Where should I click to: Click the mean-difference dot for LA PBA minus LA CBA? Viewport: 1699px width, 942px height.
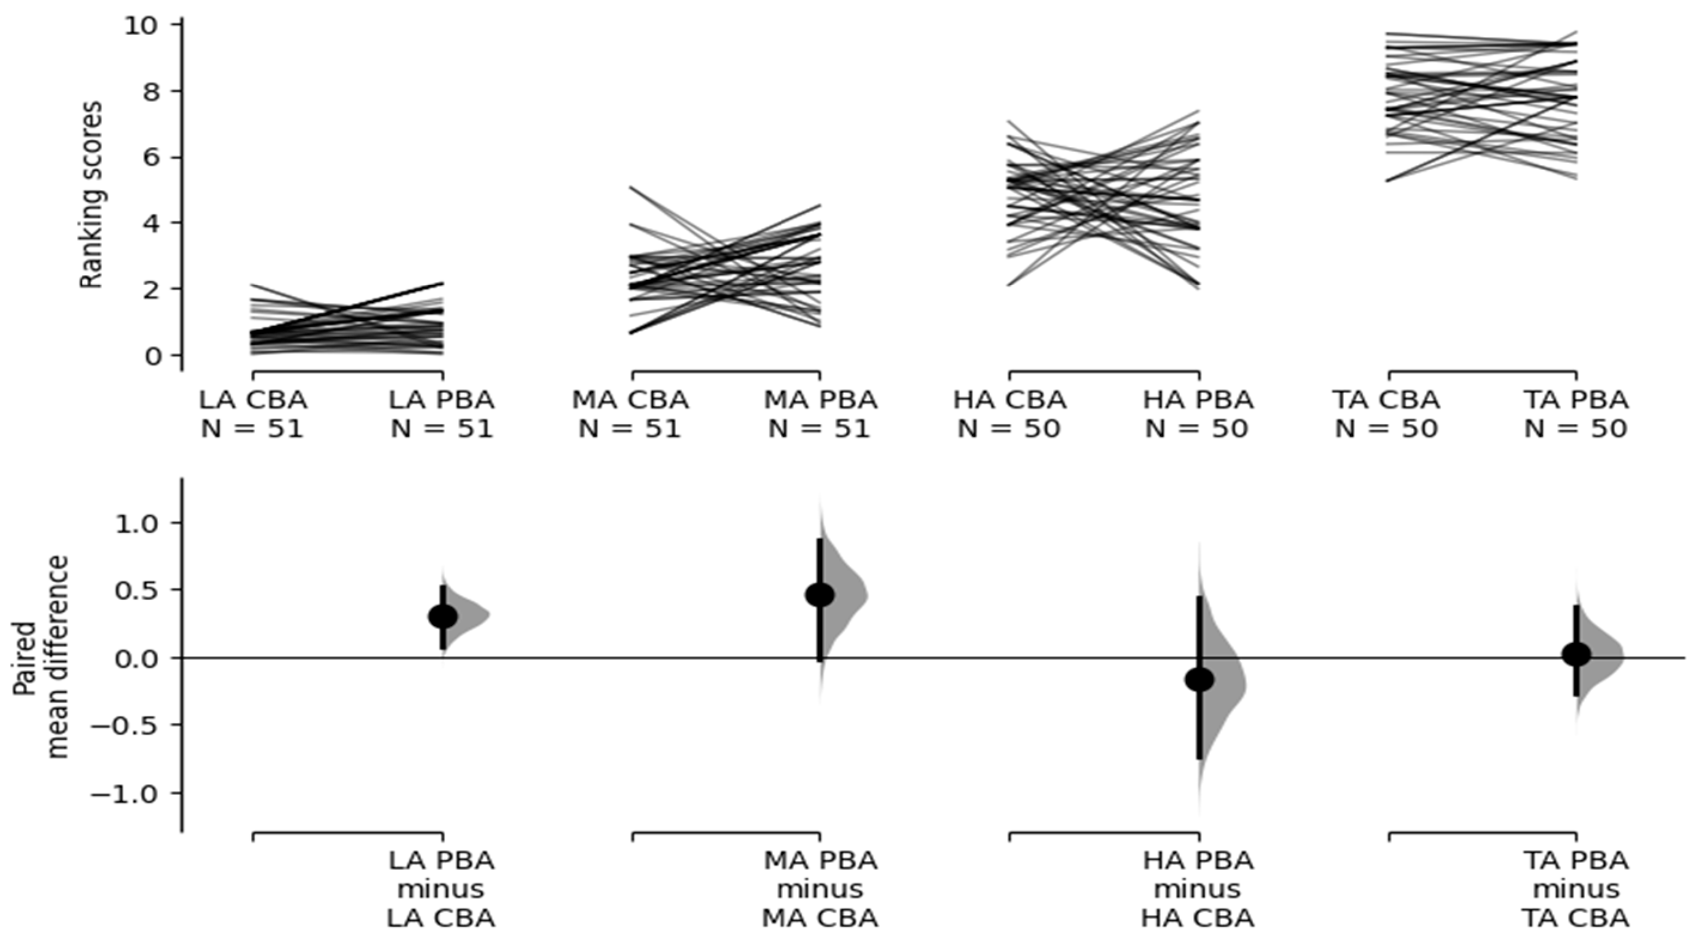443,617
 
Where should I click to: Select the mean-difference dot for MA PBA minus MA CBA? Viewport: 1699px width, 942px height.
820,595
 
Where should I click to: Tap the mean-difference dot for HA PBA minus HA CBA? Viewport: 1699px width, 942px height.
1199,680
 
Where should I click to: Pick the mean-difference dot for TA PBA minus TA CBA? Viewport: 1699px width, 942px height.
1576,654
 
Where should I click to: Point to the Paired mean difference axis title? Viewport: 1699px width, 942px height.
41,656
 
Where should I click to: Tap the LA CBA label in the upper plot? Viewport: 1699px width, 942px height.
254,400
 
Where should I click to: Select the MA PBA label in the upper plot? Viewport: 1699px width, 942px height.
820,400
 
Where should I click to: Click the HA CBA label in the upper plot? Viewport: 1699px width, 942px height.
1009,400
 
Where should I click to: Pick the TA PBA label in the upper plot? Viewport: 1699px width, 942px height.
1576,400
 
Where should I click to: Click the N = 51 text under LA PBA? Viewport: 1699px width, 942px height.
442,429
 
